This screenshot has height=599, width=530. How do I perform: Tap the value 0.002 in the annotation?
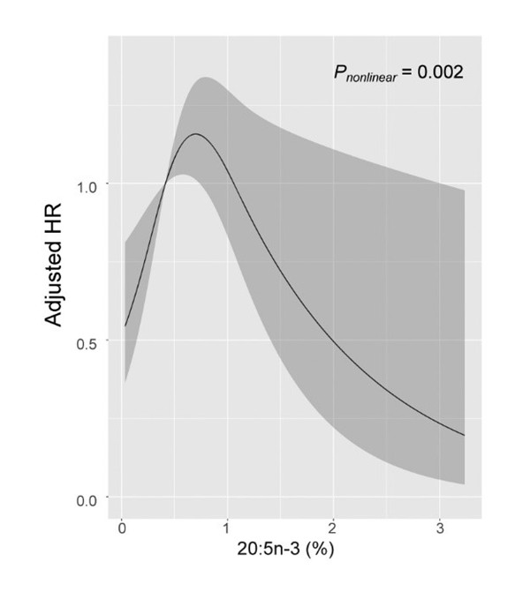[438, 73]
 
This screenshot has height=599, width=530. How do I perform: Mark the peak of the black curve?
[194, 134]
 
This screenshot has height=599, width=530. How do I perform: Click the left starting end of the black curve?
[125, 326]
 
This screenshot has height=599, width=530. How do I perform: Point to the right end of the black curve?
[465, 435]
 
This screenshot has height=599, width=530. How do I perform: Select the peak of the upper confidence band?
[206, 78]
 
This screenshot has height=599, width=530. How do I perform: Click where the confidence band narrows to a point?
[165, 183]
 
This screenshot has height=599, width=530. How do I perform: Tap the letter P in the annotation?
[340, 73]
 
